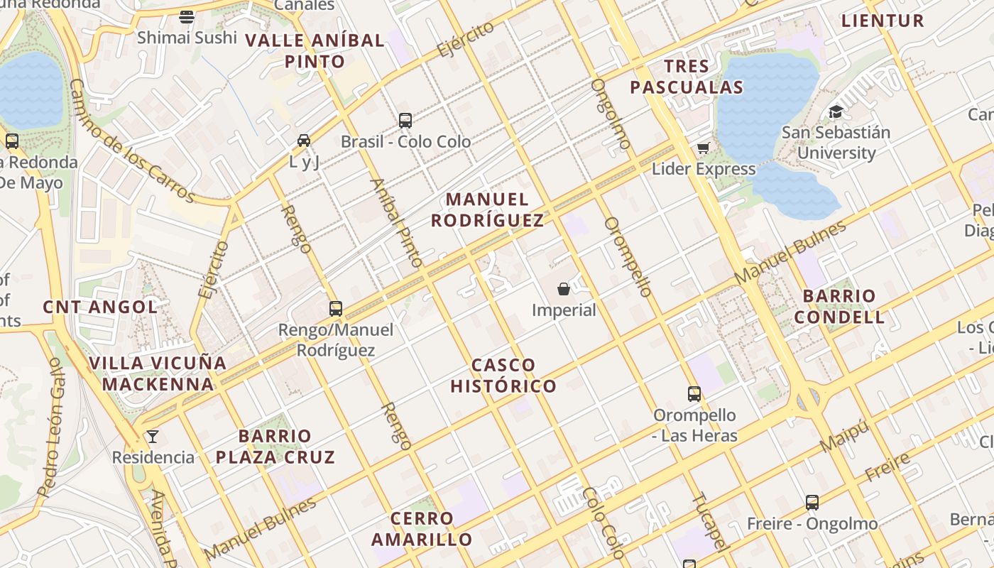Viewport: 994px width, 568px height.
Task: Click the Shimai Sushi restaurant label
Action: [x=187, y=37]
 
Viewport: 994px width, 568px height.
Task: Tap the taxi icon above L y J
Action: [x=304, y=141]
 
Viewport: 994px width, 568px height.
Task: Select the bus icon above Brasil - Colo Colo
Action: [x=405, y=121]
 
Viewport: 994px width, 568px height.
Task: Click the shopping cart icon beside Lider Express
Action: [x=703, y=148]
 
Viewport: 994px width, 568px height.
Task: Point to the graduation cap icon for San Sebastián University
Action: [x=836, y=112]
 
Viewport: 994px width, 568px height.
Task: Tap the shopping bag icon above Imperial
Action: [x=564, y=289]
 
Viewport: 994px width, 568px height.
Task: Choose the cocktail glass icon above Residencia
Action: [x=153, y=437]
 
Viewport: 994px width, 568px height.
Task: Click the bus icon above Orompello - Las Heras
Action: [x=694, y=394]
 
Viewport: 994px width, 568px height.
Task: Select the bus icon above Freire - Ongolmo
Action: [x=812, y=503]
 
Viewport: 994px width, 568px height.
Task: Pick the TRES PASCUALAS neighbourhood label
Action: [x=687, y=77]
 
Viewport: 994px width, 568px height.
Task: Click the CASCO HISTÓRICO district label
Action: [x=503, y=376]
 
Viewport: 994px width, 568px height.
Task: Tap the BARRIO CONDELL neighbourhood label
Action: [x=839, y=306]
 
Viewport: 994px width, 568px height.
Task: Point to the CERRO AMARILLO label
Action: [x=422, y=529]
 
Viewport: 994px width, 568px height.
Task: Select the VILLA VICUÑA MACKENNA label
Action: [x=158, y=373]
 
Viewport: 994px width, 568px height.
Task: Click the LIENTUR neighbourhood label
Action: [x=883, y=21]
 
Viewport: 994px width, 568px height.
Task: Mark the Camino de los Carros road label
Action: [x=131, y=141]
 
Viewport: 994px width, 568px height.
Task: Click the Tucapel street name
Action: [x=709, y=521]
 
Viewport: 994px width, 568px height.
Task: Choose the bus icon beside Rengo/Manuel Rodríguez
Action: [x=336, y=309]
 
